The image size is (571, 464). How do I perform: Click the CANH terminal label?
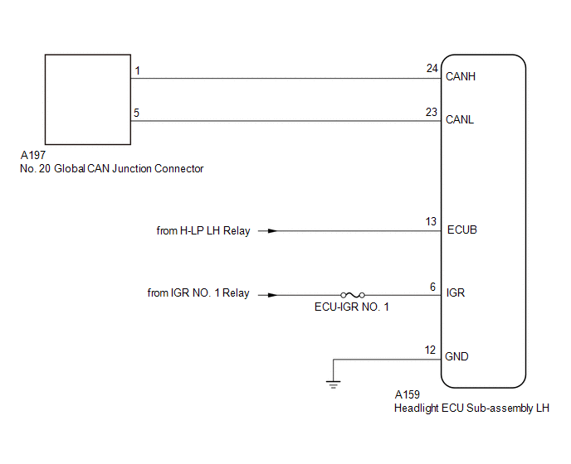tap(461, 76)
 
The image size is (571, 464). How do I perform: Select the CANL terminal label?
tap(460, 119)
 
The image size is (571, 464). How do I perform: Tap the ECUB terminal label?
tap(461, 230)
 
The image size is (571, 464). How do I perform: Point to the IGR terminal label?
tap(456, 292)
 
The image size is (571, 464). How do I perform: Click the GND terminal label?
tap(456, 357)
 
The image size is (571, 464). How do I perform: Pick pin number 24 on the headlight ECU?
tap(432, 69)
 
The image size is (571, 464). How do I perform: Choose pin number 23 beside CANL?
tap(432, 112)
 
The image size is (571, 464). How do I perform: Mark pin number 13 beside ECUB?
tap(431, 221)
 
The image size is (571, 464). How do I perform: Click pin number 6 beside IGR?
tap(432, 287)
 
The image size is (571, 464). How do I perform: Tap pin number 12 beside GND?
tap(430, 350)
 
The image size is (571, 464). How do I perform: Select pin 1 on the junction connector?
tap(137, 70)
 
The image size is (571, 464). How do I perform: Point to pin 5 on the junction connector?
tap(137, 113)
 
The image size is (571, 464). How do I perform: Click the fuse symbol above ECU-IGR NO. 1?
tap(353, 295)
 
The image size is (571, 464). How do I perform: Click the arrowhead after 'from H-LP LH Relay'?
tap(272, 231)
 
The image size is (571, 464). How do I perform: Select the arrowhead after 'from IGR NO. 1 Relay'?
tap(272, 295)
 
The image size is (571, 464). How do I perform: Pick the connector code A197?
tap(33, 155)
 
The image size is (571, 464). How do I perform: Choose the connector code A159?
tap(408, 394)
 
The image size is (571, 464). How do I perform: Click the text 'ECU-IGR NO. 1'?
tap(352, 307)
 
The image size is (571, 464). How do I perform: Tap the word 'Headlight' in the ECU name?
tap(417, 408)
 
